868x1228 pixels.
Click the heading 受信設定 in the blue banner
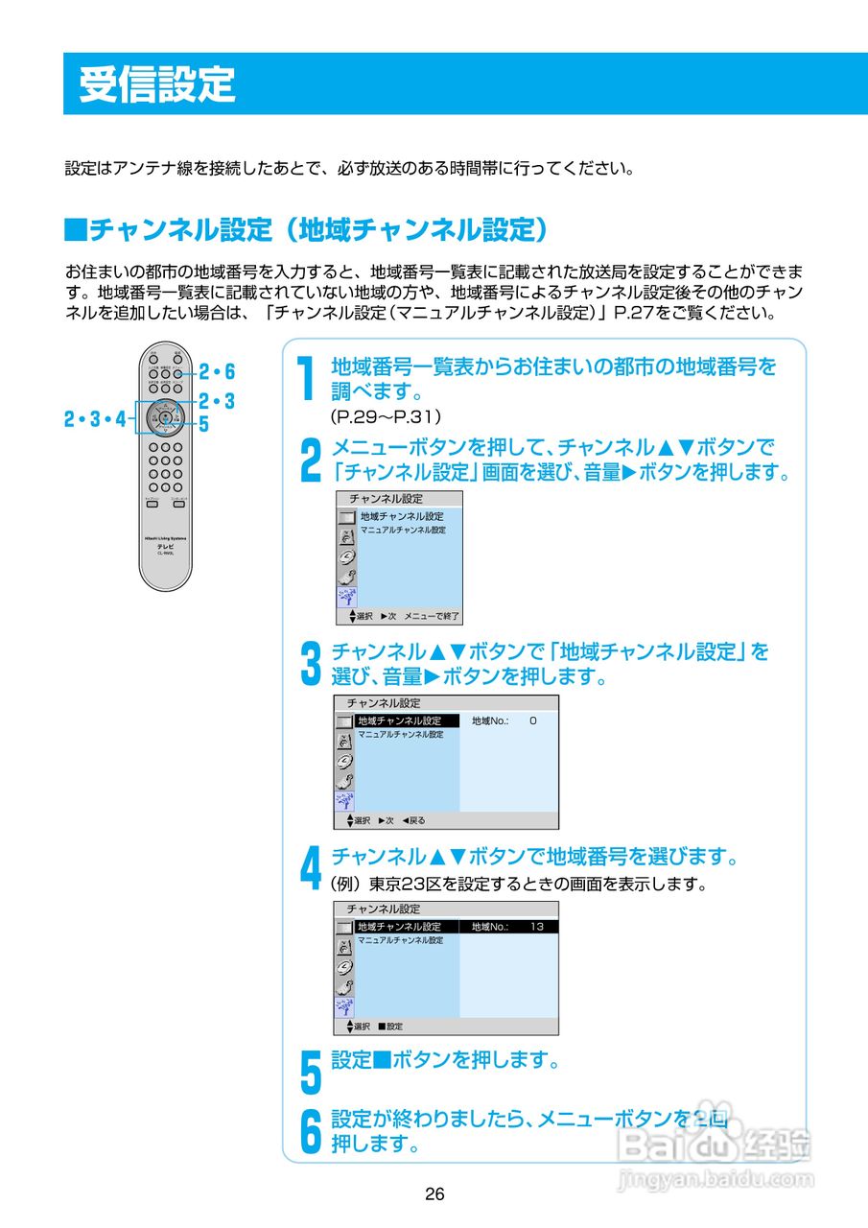coord(156,84)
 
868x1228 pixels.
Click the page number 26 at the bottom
coord(434,1194)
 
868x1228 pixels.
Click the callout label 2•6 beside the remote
coord(217,372)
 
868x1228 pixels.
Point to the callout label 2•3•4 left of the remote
coord(95,418)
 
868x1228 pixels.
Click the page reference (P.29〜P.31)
coord(385,417)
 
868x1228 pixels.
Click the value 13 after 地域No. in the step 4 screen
coord(536,927)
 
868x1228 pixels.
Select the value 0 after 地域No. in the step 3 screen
coord(532,720)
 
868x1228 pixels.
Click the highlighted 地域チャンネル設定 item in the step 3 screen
coord(399,720)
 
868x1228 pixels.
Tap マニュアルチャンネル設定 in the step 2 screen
coord(403,531)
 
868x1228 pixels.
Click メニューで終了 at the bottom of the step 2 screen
coord(432,616)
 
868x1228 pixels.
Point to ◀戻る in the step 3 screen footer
coord(413,820)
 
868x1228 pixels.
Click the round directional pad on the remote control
coord(166,418)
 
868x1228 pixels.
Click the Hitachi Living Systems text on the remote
coord(166,538)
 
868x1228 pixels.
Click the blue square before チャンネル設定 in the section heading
coord(75,229)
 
